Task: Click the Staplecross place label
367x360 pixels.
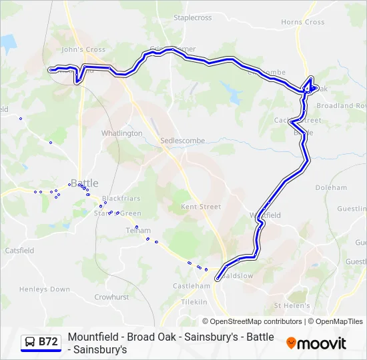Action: [192, 18]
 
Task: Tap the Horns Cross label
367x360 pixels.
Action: [303, 22]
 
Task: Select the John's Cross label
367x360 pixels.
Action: [83, 49]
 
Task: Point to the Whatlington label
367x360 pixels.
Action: [121, 133]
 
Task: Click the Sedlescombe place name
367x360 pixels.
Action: [183, 141]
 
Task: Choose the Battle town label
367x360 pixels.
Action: [84, 183]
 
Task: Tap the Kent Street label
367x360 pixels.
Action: [201, 207]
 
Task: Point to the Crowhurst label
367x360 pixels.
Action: [111, 297]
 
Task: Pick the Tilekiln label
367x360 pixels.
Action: [195, 302]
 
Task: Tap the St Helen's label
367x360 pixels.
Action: [292, 306]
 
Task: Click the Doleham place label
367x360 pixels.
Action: [331, 188]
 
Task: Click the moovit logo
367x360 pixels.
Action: [316, 343]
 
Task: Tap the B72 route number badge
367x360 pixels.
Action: [48, 342]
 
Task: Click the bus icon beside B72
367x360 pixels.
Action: [30, 342]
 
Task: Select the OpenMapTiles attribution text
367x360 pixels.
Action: [339, 321]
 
